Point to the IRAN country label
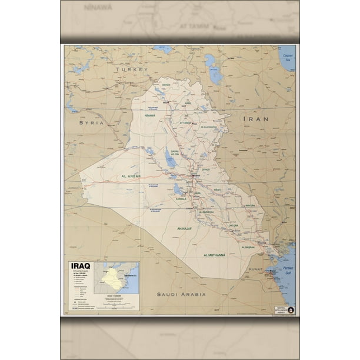257,119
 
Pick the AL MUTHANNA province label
215,255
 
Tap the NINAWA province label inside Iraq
149,115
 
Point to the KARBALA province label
179,198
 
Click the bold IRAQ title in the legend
80,266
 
